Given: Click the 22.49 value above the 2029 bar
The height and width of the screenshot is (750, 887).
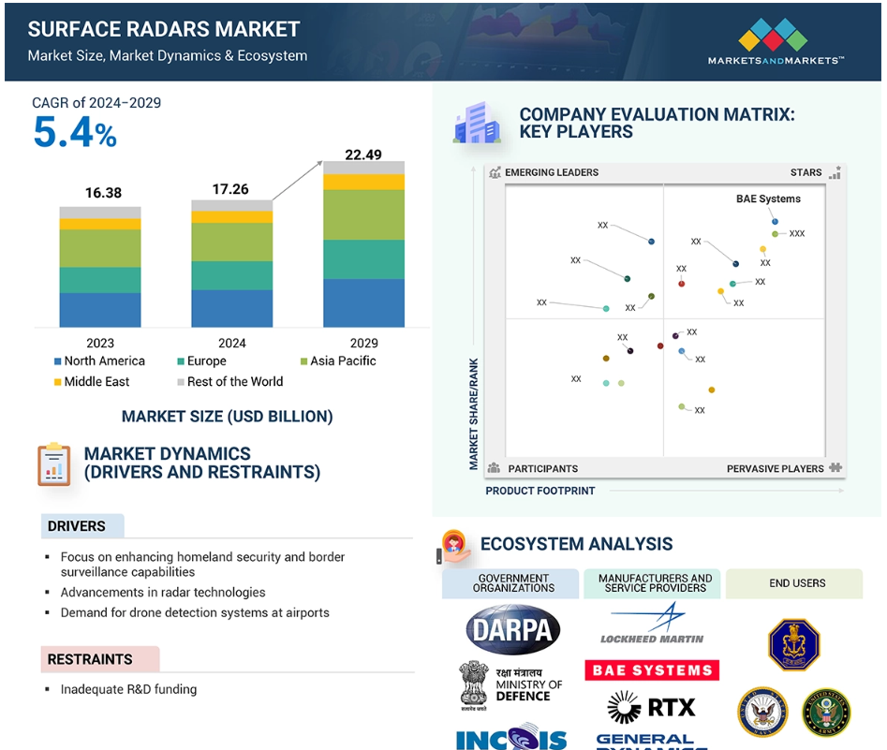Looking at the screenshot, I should point(363,154).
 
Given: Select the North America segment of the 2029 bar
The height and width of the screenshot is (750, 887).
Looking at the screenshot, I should point(363,302).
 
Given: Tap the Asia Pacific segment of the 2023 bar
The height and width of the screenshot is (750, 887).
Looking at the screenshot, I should point(100,248).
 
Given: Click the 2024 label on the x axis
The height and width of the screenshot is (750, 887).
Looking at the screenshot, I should point(231,343).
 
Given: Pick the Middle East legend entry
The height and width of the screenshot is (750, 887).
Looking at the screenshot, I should point(91,381).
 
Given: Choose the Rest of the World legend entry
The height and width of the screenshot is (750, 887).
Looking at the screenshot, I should point(229,381).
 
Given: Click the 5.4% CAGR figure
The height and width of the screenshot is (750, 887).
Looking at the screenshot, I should point(74,133).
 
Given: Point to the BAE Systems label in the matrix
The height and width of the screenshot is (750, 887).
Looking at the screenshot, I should point(768,199).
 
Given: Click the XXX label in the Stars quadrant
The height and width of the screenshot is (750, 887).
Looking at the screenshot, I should point(797,233).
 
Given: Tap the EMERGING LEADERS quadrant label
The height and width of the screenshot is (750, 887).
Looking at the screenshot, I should point(551,172).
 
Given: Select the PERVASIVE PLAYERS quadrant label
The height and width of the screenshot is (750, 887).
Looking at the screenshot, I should point(775,468).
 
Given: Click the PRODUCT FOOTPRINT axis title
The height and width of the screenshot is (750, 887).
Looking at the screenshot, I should point(540,491).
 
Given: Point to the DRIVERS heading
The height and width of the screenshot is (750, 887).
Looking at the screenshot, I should point(77,526).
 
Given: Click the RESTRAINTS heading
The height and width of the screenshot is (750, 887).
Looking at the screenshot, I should point(90,659).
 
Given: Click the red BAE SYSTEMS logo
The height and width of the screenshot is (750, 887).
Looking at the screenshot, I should point(652,670).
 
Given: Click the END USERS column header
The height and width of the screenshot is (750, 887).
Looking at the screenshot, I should point(797,583).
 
